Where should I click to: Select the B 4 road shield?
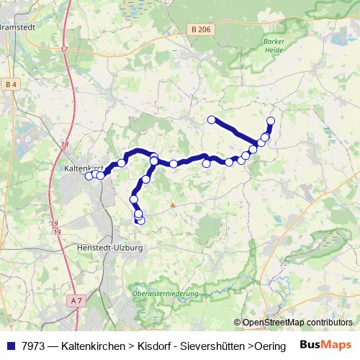click(11, 85)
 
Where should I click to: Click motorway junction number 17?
click(64, 50)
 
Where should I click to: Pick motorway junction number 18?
click(65, 145)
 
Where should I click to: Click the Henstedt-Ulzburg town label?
click(109, 247)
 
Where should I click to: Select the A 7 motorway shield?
click(77, 299)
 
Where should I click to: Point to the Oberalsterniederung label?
click(165, 294)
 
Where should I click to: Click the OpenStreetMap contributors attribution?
click(297, 322)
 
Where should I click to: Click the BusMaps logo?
click(325, 345)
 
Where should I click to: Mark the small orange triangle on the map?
click(173, 204)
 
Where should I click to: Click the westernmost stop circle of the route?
click(89, 176)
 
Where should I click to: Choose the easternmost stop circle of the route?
click(271, 121)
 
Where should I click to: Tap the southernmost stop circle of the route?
click(140, 220)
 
